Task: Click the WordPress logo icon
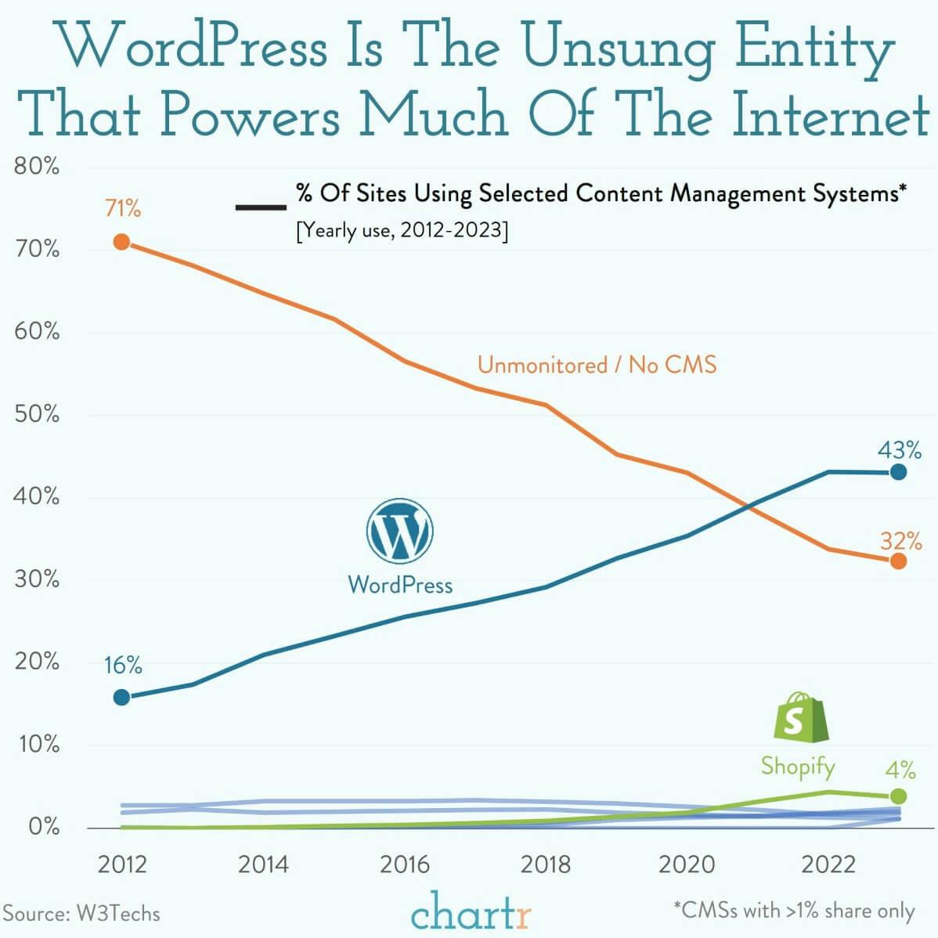[399, 532]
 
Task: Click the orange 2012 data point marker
[121, 242]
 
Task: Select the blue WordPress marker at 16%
[121, 697]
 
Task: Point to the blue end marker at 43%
[898, 472]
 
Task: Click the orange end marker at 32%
[898, 561]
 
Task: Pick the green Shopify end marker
[898, 795]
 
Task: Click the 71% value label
[123, 209]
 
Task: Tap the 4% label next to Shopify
[900, 770]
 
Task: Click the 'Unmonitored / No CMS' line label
[597, 365]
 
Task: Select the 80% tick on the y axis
[36, 167]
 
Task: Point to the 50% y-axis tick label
[36, 414]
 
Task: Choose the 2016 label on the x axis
[404, 864]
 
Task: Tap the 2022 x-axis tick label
[828, 864]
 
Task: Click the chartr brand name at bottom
[471, 912]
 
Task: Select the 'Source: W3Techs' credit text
[81, 913]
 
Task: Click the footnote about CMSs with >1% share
[794, 910]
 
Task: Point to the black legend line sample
[261, 207]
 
